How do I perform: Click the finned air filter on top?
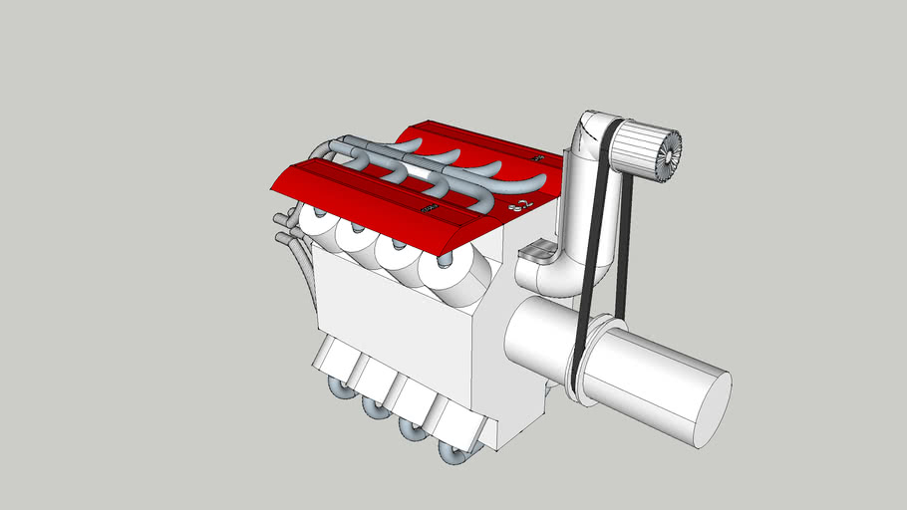[648, 152]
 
